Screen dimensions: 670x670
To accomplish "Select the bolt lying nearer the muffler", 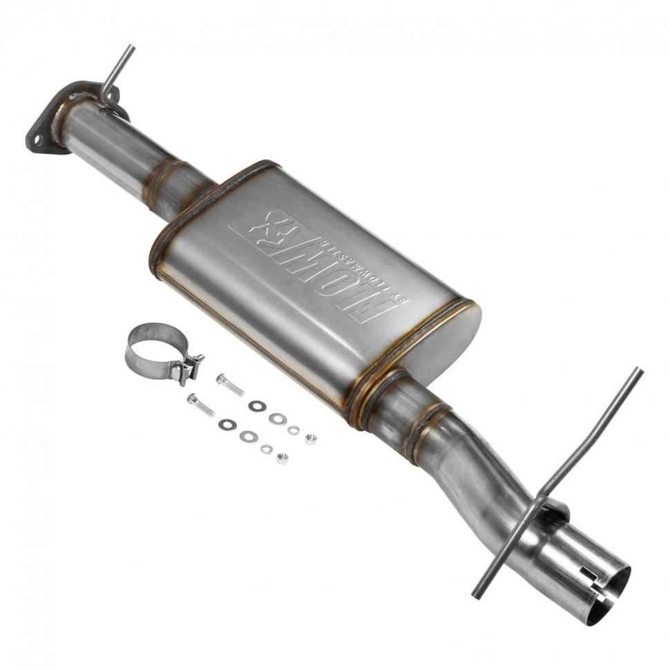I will (230, 385).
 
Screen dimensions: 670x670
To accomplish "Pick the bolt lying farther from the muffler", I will (200, 404).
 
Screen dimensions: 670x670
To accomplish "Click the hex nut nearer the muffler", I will (311, 439).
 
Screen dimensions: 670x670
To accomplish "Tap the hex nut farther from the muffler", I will (282, 458).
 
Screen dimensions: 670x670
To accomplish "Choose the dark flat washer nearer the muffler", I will (258, 406).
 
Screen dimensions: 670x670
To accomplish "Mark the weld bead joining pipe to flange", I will (69, 111).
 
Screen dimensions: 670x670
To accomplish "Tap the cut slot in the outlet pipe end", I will (591, 608).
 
